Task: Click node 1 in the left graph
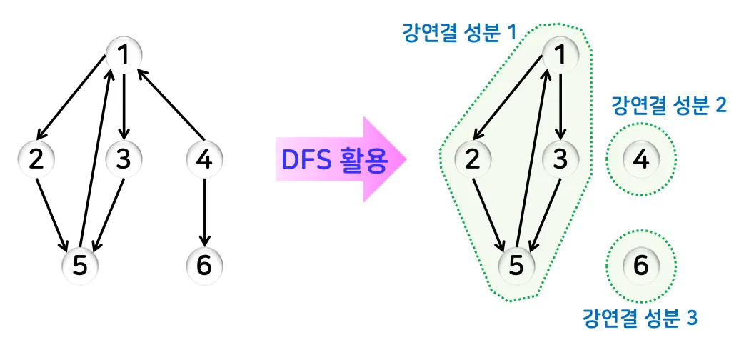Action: (x=124, y=54)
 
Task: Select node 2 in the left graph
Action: (x=36, y=159)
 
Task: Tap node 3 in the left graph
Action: (x=124, y=159)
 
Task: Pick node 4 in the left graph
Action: (x=204, y=159)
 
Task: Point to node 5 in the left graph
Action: (x=80, y=266)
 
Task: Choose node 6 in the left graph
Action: (x=204, y=266)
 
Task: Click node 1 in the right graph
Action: (x=561, y=54)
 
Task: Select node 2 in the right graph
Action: (x=472, y=159)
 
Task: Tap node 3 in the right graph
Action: (x=561, y=159)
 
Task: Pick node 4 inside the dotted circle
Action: (x=641, y=159)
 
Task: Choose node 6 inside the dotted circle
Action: (x=641, y=266)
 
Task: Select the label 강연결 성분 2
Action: (x=669, y=106)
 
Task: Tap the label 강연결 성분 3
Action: (x=639, y=317)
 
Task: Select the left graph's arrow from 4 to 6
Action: (x=204, y=211)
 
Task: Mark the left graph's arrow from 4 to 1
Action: (x=168, y=104)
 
